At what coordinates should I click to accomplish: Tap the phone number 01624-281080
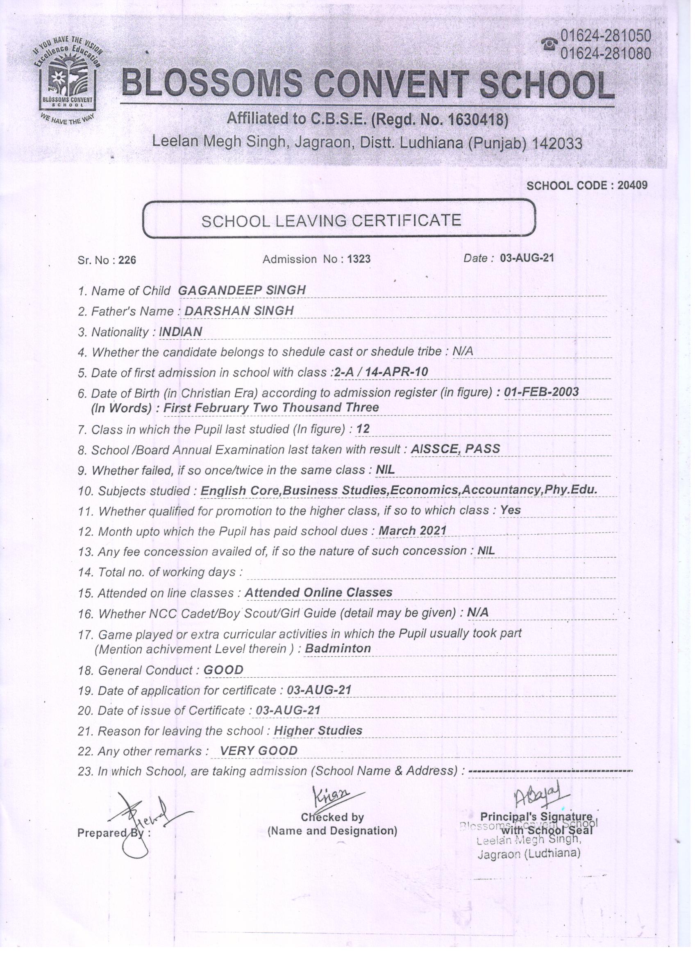605,54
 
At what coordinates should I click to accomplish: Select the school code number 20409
632,185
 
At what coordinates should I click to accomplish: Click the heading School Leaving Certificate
331,220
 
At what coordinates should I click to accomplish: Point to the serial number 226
127,260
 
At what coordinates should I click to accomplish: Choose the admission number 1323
359,259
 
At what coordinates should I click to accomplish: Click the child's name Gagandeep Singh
242,290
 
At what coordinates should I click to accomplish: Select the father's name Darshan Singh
239,311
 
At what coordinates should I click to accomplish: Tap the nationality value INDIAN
180,331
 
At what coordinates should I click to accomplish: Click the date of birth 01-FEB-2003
541,392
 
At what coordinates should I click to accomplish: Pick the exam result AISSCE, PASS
455,449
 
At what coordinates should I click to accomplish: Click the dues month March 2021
412,531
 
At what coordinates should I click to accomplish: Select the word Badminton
338,648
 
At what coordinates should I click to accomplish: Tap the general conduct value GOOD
223,670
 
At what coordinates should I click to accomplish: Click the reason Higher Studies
318,730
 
